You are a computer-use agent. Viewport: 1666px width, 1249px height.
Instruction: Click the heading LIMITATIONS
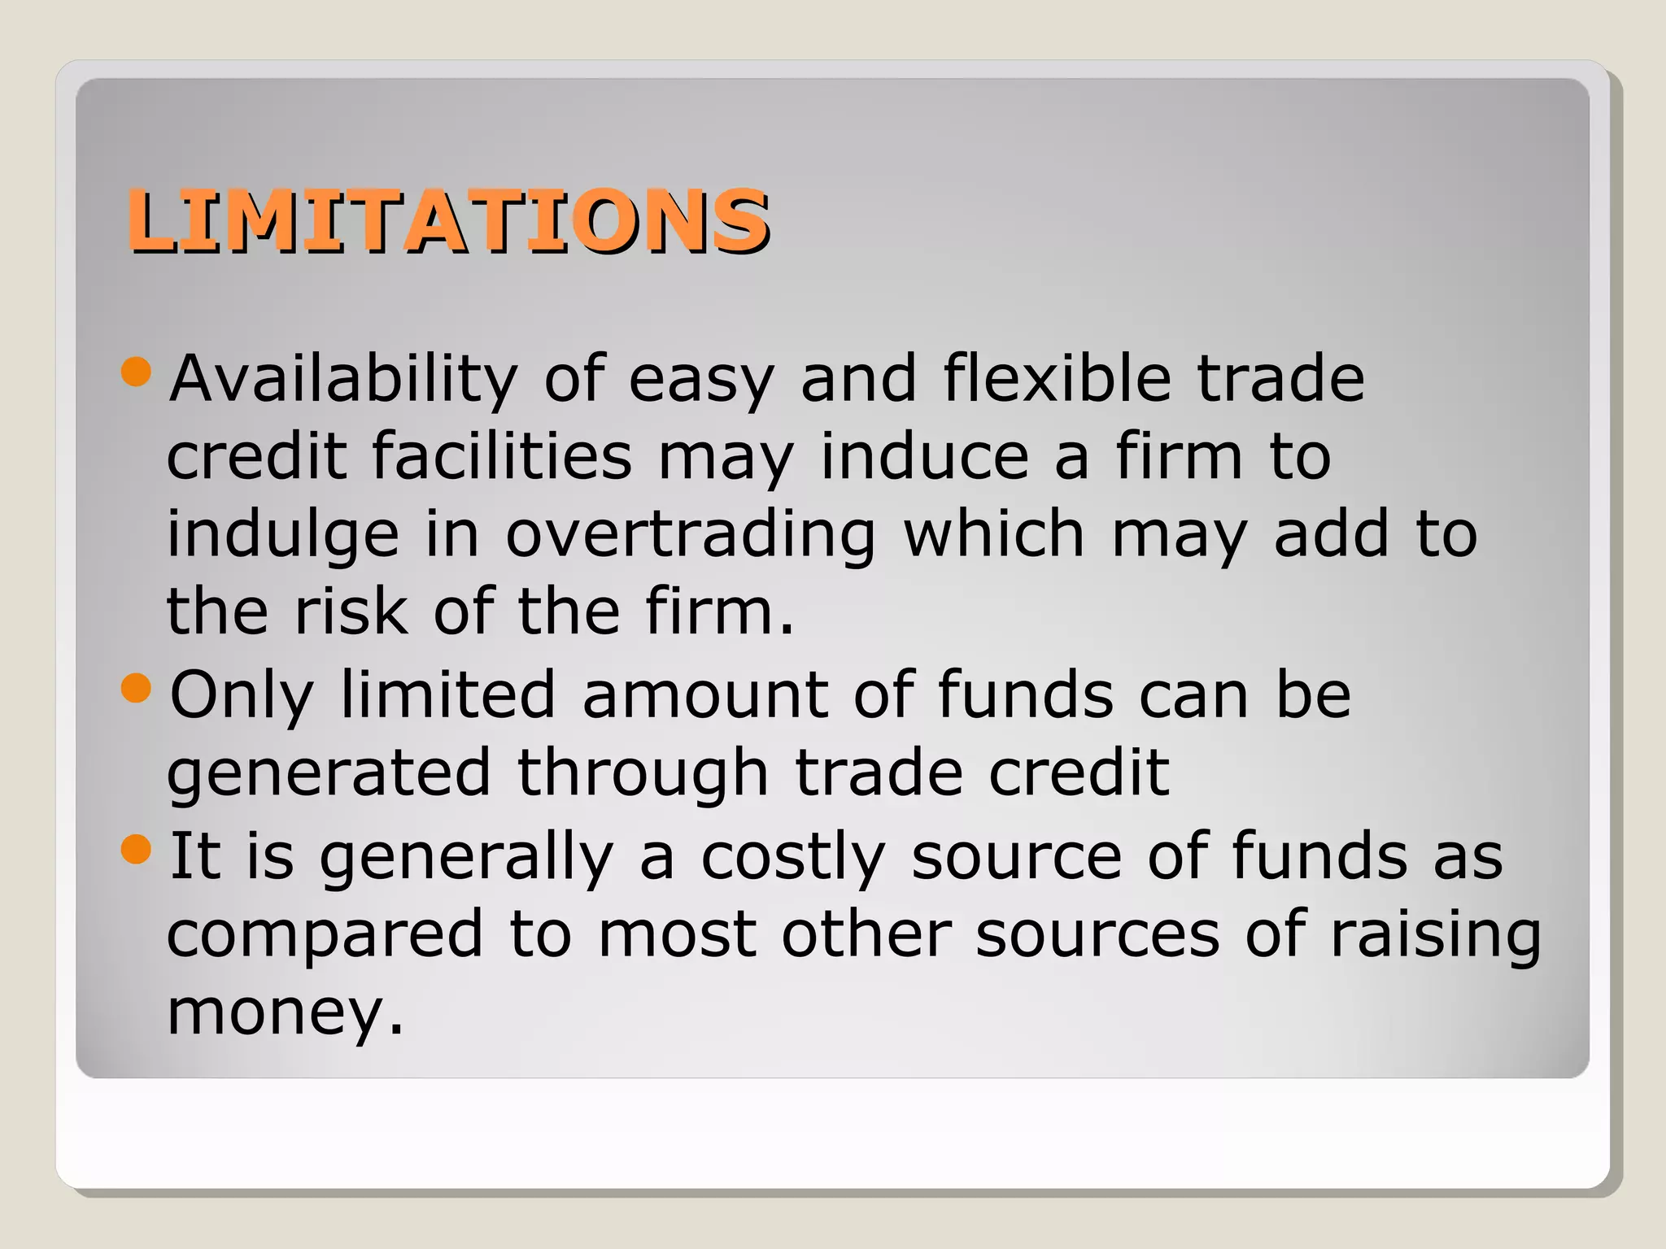[447, 220]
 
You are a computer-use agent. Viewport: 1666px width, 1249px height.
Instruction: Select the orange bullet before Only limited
[136, 688]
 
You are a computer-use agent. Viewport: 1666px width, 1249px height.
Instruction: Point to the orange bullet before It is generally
[136, 850]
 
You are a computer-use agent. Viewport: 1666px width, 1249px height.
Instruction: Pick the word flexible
[1057, 379]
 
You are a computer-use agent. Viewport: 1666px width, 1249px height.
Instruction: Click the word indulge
[283, 535]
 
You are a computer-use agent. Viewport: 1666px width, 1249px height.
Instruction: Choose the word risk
[351, 611]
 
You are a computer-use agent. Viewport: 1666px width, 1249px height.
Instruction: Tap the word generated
[329, 774]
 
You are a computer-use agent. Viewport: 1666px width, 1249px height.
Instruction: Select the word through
[643, 774]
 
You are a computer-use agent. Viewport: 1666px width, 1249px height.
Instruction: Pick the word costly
[792, 857]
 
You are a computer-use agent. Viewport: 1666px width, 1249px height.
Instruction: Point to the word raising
[1436, 935]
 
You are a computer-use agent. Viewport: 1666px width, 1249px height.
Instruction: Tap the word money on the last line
[272, 1013]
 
